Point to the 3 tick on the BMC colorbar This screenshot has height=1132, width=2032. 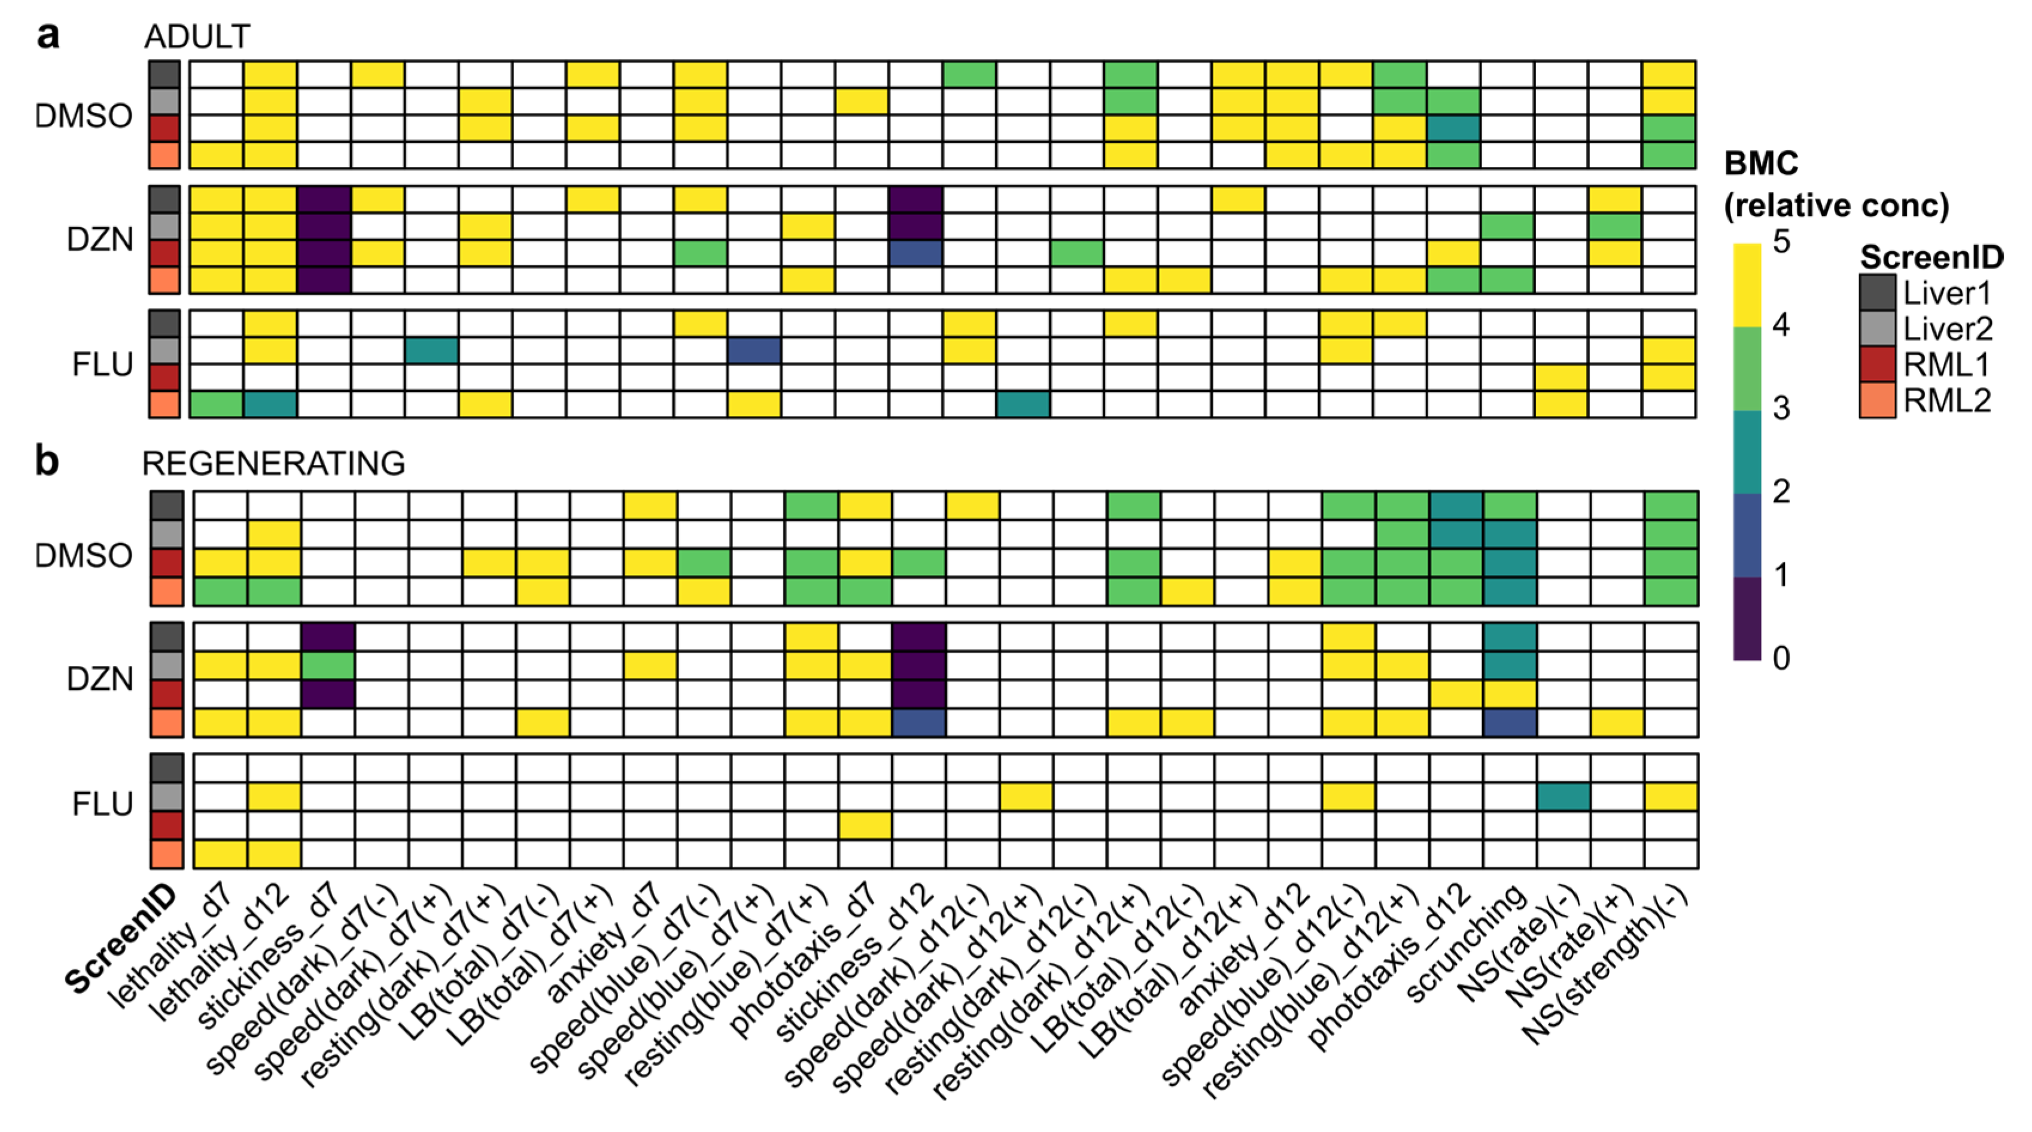click(1781, 409)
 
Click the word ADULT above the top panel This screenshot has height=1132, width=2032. click(197, 37)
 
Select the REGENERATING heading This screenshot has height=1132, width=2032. click(273, 464)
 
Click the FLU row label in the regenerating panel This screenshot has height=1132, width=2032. click(102, 804)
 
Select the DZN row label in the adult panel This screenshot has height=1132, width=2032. click(100, 239)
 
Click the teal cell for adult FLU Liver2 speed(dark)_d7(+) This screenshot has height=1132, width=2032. click(431, 350)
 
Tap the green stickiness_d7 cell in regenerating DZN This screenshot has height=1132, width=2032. click(328, 665)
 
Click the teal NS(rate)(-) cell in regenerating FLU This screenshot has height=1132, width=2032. click(1563, 797)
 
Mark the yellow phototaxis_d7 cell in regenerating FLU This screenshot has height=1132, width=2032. click(865, 825)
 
